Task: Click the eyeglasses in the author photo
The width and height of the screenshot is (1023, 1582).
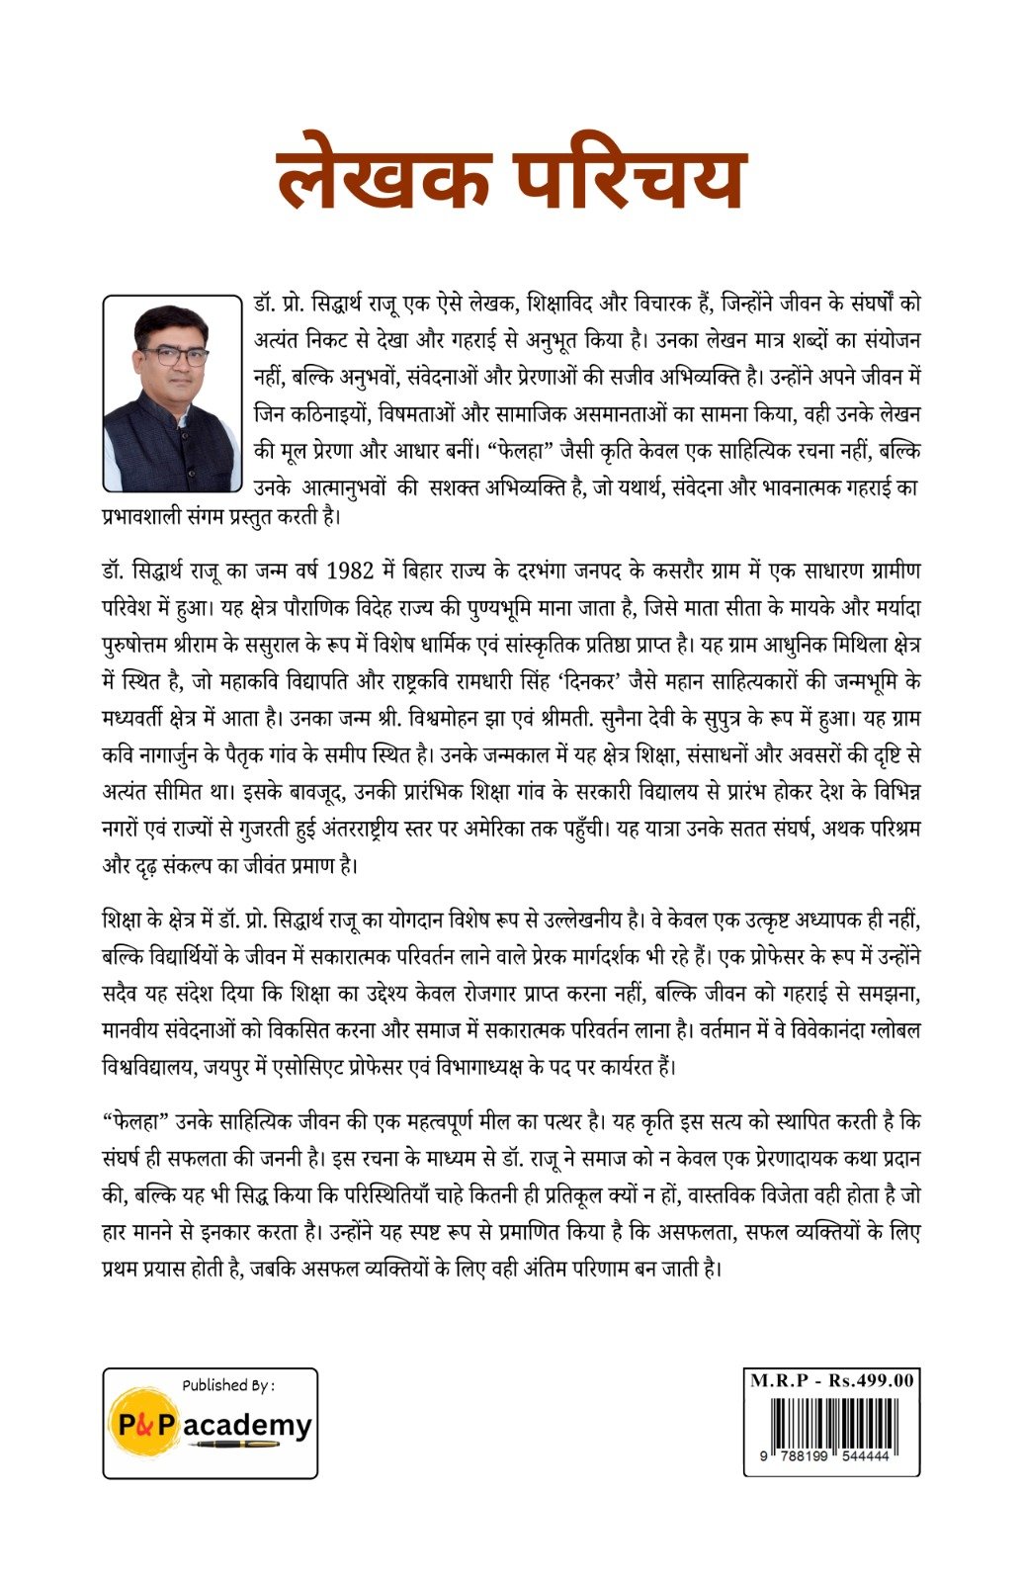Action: pyautogui.click(x=174, y=356)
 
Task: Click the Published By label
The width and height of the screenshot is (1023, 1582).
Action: pyautogui.click(x=228, y=1385)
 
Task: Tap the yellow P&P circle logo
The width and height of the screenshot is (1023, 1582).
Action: pyautogui.click(x=145, y=1424)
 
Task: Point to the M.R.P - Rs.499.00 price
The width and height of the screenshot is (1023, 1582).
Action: pyautogui.click(x=831, y=1380)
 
